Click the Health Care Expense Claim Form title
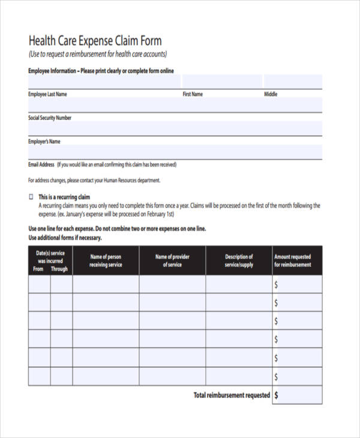95,41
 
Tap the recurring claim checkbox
31,197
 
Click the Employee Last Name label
47,94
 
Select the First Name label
193,94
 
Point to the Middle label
271,94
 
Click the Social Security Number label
50,118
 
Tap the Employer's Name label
44,142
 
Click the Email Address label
41,164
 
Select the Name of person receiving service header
106,260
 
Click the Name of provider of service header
172,260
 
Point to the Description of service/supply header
239,260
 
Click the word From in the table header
38,269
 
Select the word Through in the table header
59,269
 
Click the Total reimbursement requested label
231,395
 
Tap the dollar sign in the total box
276,395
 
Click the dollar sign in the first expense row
276,284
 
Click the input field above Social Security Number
174,105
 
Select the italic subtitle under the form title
97,55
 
